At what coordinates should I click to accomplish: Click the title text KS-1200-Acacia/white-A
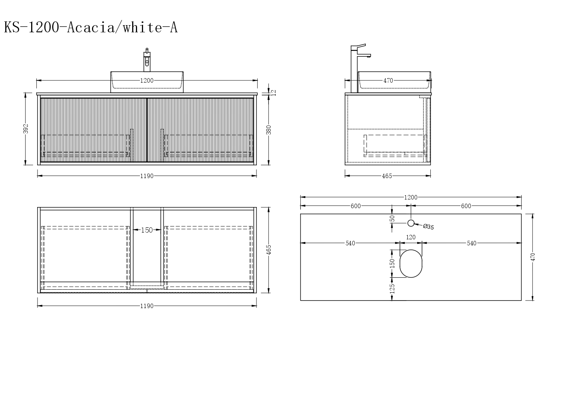click(90, 27)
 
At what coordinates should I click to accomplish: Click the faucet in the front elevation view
click(147, 60)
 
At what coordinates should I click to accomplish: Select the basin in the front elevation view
click(147, 82)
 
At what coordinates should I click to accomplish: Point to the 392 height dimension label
click(26, 129)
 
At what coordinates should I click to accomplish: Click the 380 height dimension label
click(268, 130)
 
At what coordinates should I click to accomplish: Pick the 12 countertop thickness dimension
click(274, 92)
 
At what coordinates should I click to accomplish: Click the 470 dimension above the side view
click(388, 80)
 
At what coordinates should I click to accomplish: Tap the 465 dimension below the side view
click(387, 176)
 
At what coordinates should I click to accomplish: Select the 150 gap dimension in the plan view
click(147, 230)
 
